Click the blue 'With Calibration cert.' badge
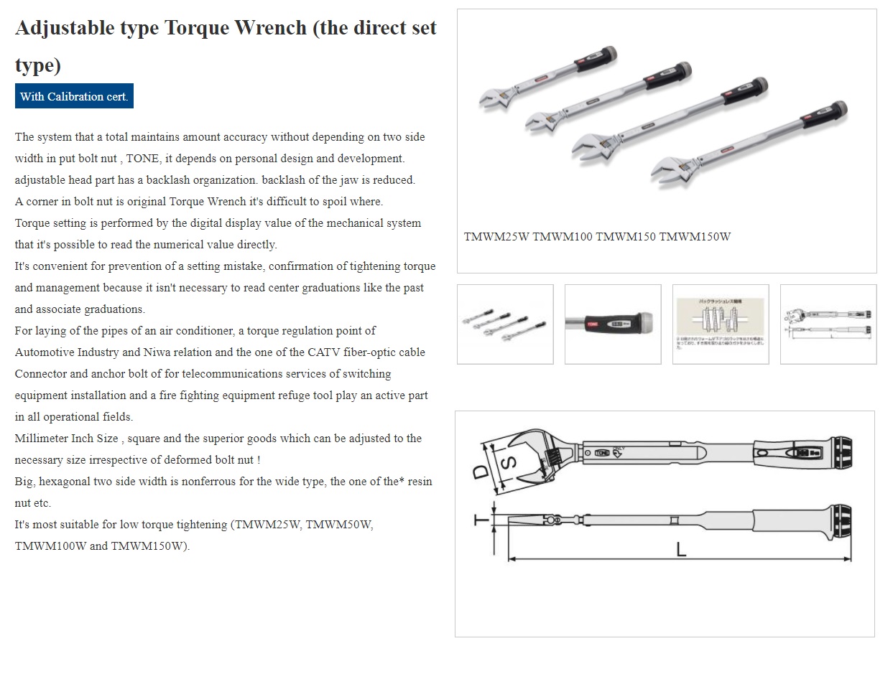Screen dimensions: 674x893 pos(74,96)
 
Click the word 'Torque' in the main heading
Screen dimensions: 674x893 pos(198,28)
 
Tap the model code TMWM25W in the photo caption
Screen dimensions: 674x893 pos(496,237)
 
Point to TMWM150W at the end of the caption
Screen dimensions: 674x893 pos(695,237)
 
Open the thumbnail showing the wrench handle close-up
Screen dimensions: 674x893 pos(613,324)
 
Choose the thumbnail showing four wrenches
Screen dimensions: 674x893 pos(505,324)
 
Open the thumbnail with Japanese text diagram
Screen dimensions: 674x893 pos(721,324)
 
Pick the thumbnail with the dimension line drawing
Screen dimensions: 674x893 pos(828,324)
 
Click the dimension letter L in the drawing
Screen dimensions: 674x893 pos(681,549)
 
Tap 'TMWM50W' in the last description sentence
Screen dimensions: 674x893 pos(341,525)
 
